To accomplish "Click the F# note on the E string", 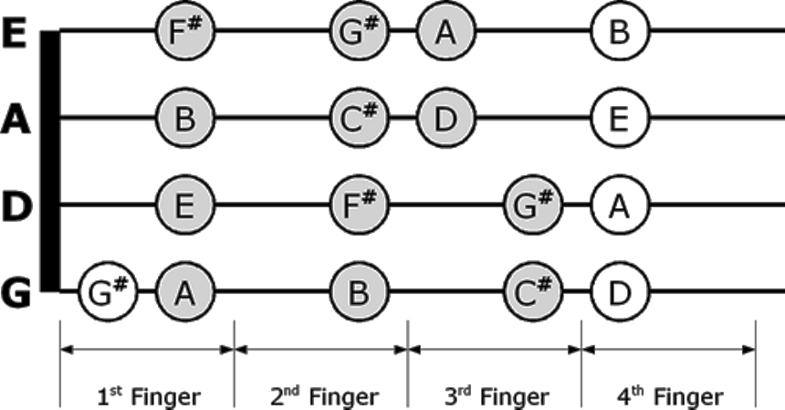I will [184, 33].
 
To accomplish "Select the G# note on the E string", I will [358, 33].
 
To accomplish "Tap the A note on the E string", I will [445, 33].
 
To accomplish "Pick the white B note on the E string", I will [619, 33].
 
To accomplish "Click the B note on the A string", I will [184, 118].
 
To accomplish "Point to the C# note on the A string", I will [358, 118].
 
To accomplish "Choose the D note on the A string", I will [445, 118].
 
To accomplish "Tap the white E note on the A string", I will [619, 118].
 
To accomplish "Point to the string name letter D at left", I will [16, 206].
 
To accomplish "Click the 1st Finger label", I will [148, 397].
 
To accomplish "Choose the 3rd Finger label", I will [497, 397].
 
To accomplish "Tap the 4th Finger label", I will [670, 397].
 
